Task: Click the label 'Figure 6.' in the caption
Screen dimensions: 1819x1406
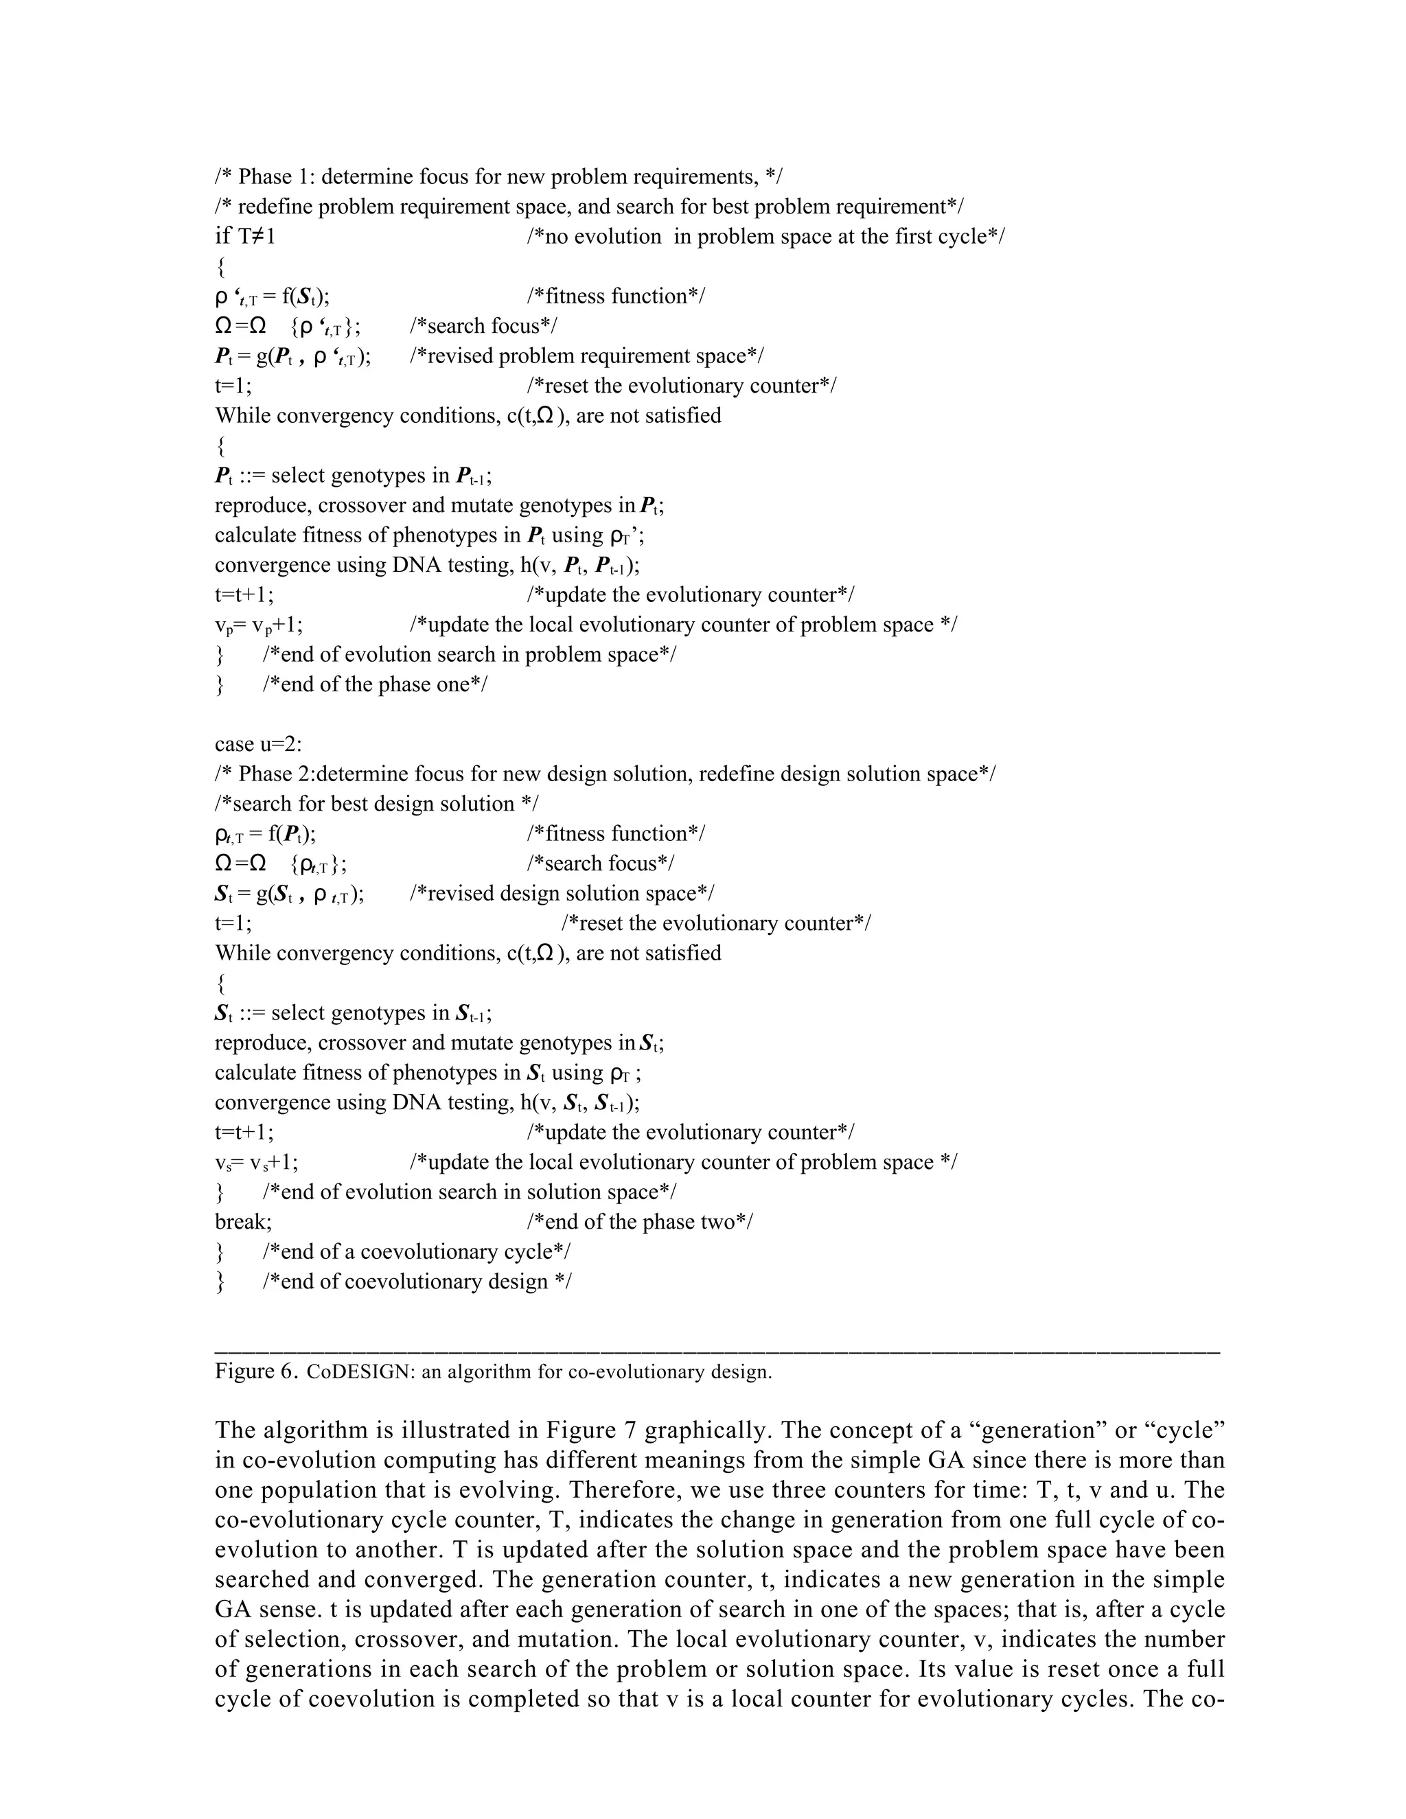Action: [x=255, y=1371]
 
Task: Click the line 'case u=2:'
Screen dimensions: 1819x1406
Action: [x=258, y=744]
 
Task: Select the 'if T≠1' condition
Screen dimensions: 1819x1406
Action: [x=245, y=237]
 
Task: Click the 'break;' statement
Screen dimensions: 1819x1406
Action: [x=243, y=1222]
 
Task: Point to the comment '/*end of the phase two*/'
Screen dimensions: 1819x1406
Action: [x=640, y=1222]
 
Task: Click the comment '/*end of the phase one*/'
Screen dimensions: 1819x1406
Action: [x=375, y=684]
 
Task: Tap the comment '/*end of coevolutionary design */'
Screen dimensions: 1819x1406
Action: [x=417, y=1282]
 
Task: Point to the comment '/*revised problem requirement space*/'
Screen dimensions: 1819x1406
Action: [x=586, y=356]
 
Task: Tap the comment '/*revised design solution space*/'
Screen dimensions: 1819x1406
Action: [x=562, y=894]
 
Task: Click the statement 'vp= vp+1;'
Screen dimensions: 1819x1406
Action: [x=258, y=625]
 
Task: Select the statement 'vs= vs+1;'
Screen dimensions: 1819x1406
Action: [x=257, y=1163]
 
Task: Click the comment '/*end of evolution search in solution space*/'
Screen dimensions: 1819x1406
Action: [x=469, y=1192]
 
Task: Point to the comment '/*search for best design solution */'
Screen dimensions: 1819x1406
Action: [x=376, y=804]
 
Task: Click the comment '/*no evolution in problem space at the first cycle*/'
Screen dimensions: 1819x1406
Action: [x=765, y=237]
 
